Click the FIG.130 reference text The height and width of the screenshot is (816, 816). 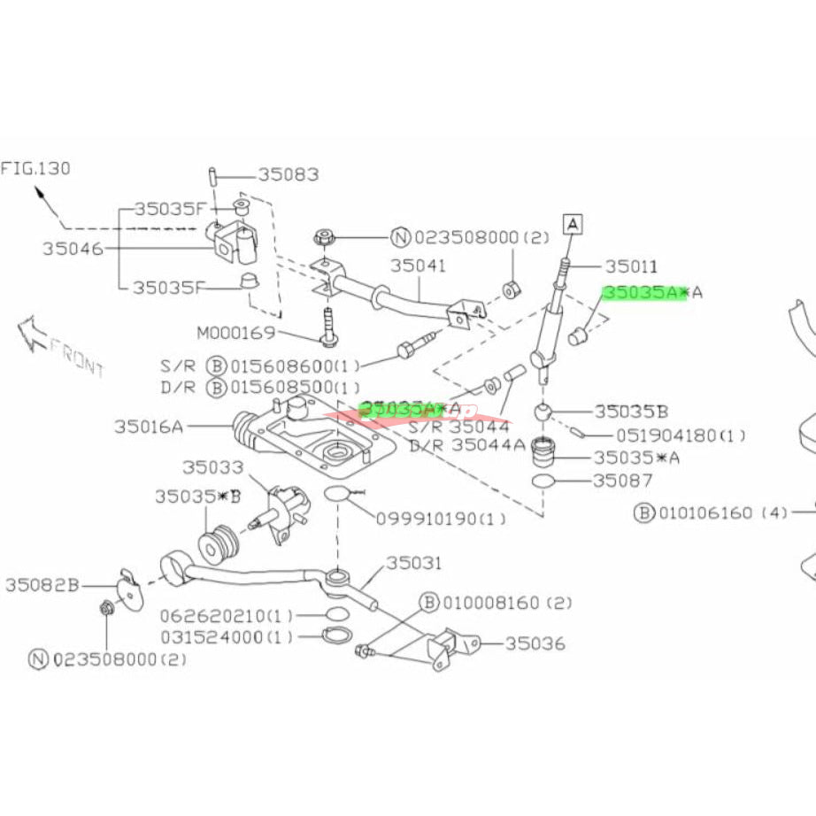pyautogui.click(x=35, y=167)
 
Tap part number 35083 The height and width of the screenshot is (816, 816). pyautogui.click(x=289, y=175)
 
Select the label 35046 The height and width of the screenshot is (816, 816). pyautogui.click(x=73, y=249)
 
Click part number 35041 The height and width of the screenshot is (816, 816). pyautogui.click(x=418, y=265)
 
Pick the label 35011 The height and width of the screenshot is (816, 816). pyautogui.click(x=632, y=265)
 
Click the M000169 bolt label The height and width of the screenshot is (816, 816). pyautogui.click(x=236, y=334)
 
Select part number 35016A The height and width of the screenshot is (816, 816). pyautogui.click(x=148, y=427)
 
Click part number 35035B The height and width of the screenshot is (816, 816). pyautogui.click(x=631, y=411)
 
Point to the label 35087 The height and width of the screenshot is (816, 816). pyautogui.click(x=623, y=481)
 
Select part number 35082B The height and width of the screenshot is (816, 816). pyautogui.click(x=42, y=584)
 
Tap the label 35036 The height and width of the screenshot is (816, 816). pyautogui.click(x=535, y=643)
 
